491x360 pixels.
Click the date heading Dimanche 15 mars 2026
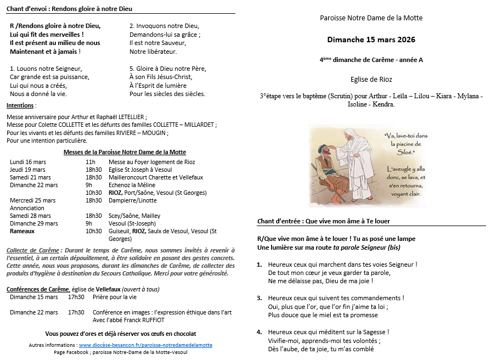pos(371,40)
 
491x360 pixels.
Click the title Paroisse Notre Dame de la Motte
pos(371,18)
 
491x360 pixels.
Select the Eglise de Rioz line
pos(371,79)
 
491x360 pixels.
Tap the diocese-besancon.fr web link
pos(145,345)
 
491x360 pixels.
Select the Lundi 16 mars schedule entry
pos(28,162)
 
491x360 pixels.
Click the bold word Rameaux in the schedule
pos(23,232)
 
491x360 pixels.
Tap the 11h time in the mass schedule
pos(91,162)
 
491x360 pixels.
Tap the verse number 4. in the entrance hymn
pos(260,332)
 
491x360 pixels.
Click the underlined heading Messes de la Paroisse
pos(125,152)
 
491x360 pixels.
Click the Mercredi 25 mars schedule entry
pos(32,200)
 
